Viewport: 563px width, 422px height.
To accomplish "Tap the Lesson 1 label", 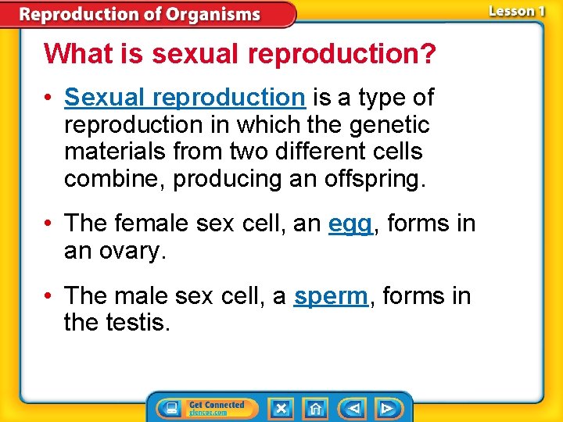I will coord(517,12).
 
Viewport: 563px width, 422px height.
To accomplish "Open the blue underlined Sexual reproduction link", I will coord(185,98).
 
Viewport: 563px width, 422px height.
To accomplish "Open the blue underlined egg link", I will coord(350,224).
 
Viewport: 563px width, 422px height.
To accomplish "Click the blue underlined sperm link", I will coord(331,296).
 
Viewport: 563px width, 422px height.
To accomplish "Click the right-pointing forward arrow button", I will coord(386,408).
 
